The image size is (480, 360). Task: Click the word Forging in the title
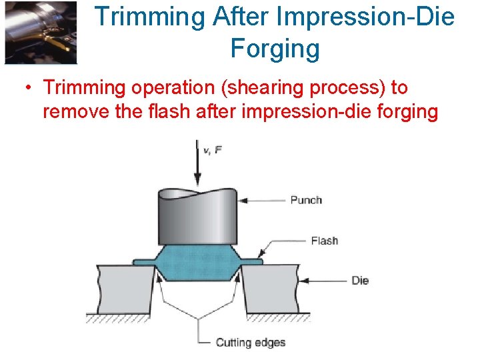[275, 49]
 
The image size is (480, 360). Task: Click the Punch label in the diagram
[306, 200]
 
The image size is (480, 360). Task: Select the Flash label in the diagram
[324, 241]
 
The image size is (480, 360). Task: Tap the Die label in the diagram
[360, 281]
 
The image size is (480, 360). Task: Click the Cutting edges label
[250, 343]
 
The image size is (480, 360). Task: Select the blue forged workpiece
[197, 263]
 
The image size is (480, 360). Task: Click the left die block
[124, 290]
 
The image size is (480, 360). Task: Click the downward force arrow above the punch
[197, 163]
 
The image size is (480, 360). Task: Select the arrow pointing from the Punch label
[263, 200]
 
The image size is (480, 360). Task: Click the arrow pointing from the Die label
[323, 281]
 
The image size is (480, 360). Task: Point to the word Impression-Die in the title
[364, 16]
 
